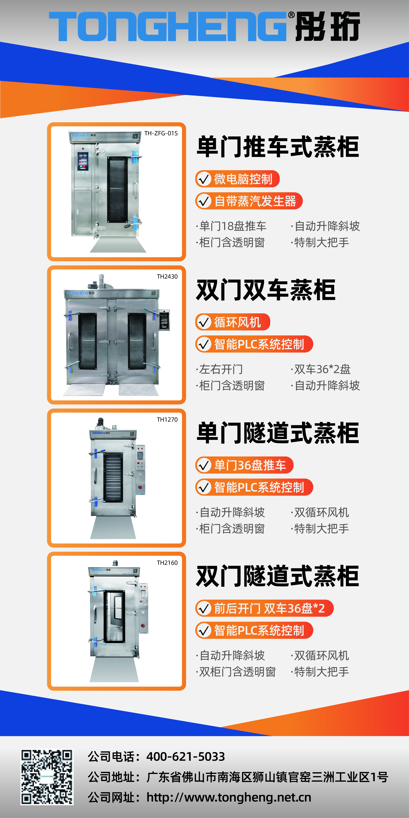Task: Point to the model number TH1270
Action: pyautogui.click(x=167, y=420)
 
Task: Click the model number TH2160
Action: pyautogui.click(x=167, y=563)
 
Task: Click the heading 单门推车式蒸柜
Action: pyautogui.click(x=278, y=147)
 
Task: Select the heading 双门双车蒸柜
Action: pyautogui.click(x=266, y=290)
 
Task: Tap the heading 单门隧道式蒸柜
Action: pyautogui.click(x=278, y=433)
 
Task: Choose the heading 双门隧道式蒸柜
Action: pyautogui.click(x=278, y=576)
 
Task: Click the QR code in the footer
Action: pyautogui.click(x=47, y=777)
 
